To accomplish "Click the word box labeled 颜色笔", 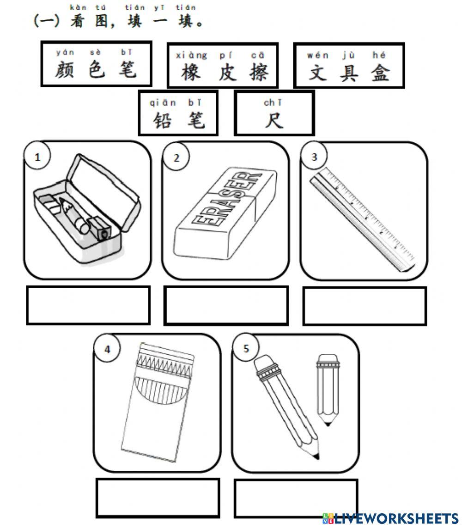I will [96, 64].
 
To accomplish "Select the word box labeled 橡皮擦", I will [222, 65].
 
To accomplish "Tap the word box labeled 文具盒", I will [349, 65].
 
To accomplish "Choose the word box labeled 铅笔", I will [178, 113].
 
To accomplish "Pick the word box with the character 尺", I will [274, 113].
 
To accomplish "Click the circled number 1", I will [38, 157].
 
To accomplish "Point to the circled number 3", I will [314, 157].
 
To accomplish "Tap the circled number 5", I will [246, 348].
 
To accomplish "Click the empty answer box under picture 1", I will [88, 305].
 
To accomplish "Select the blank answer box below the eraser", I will [226, 305].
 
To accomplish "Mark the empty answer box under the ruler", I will [365, 305].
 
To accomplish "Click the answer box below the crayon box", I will [158, 498].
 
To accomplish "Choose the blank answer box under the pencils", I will [296, 498].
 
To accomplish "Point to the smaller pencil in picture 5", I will [327, 388].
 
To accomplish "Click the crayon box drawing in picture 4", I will [157, 402].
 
